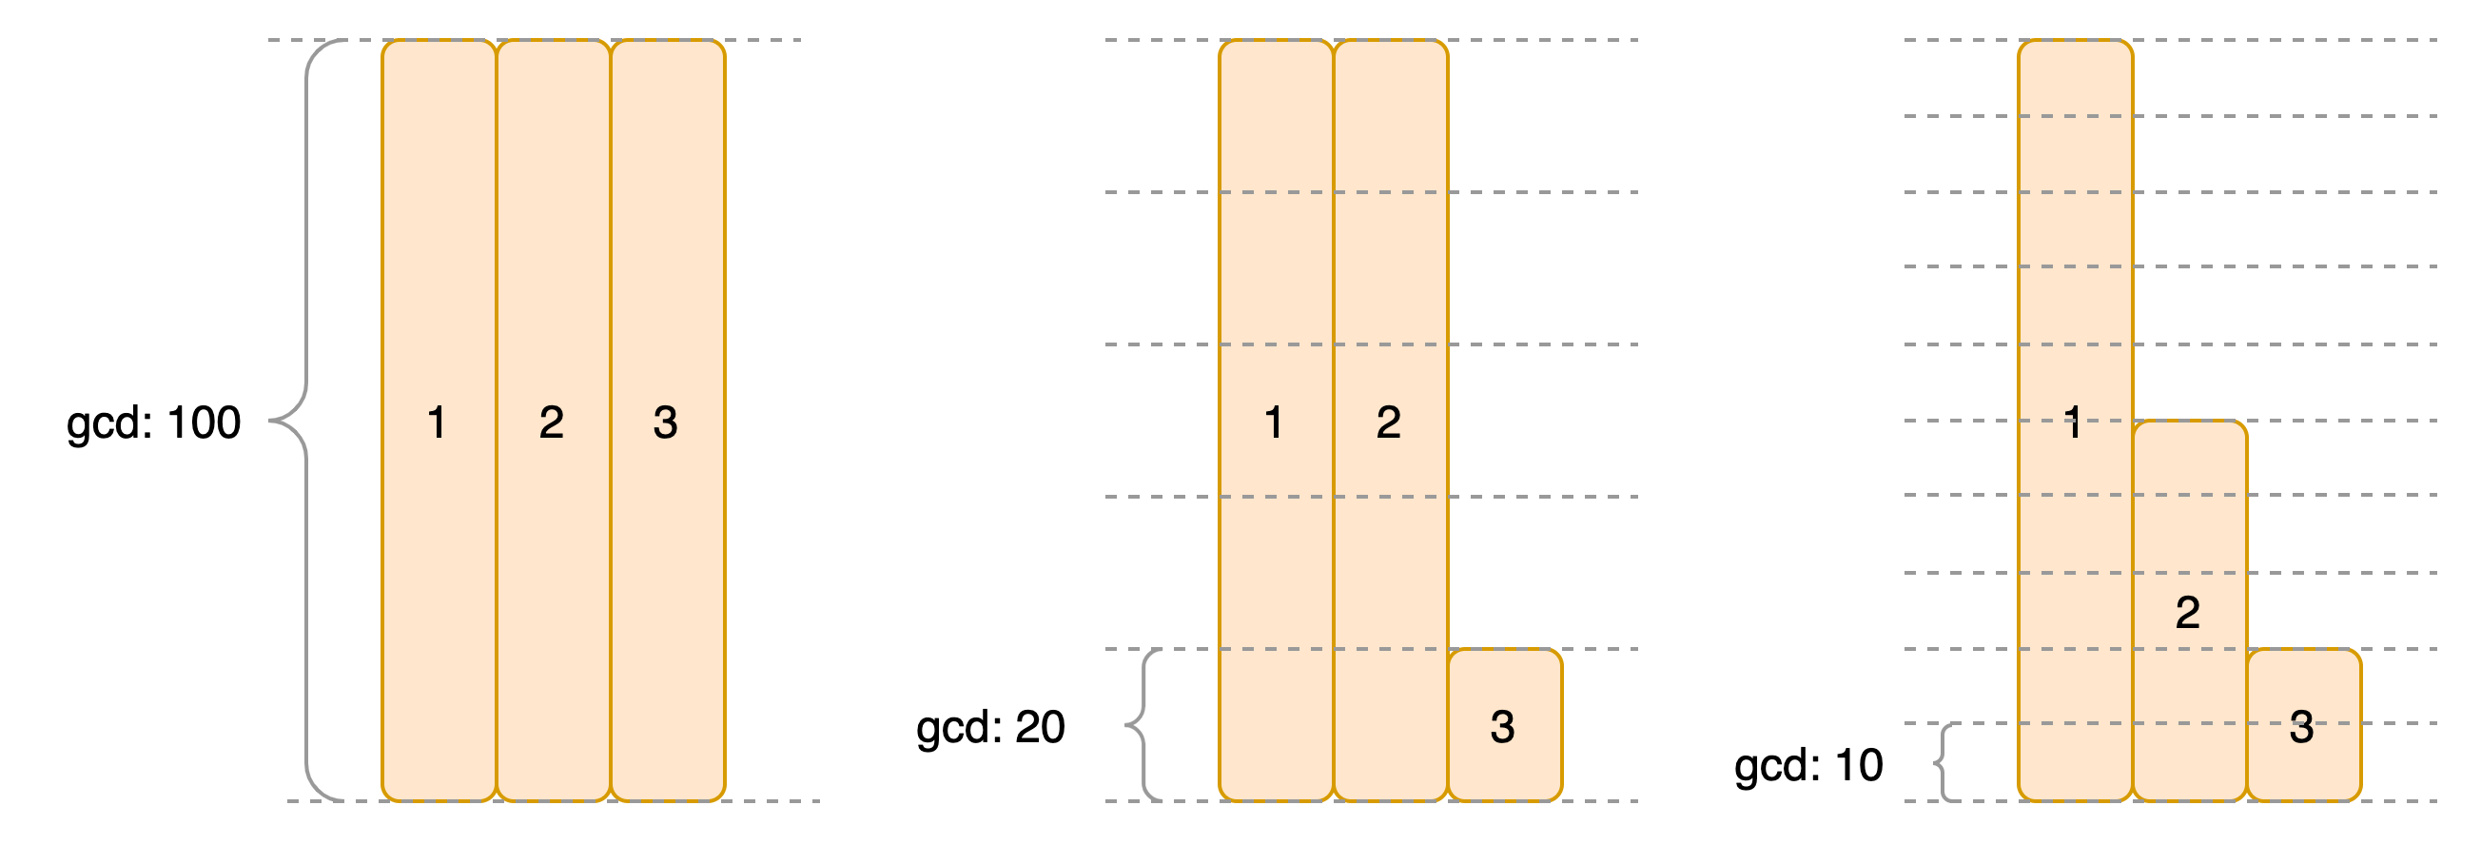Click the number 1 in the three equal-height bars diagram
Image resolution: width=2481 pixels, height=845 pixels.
pyautogui.click(x=437, y=422)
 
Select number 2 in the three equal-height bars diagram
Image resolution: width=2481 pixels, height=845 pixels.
pyautogui.click(x=551, y=422)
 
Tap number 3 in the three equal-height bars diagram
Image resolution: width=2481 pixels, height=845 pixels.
pyautogui.click(x=666, y=422)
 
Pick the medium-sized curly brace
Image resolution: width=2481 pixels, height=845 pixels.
pyautogui.click(x=1143, y=724)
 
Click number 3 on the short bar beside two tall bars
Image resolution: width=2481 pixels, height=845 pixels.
pyautogui.click(x=1502, y=726)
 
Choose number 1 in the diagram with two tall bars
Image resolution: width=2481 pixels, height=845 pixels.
pyautogui.click(x=1273, y=422)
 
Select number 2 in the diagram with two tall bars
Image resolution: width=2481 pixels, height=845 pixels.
pyautogui.click(x=1388, y=422)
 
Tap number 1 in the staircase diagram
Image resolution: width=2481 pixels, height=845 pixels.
pyautogui.click(x=2073, y=422)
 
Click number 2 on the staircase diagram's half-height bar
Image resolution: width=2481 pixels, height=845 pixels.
pyautogui.click(x=2187, y=613)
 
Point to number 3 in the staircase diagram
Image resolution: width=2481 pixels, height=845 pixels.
pyautogui.click(x=2302, y=726)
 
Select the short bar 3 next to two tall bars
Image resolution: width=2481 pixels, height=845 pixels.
pyautogui.click(x=1504, y=684)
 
